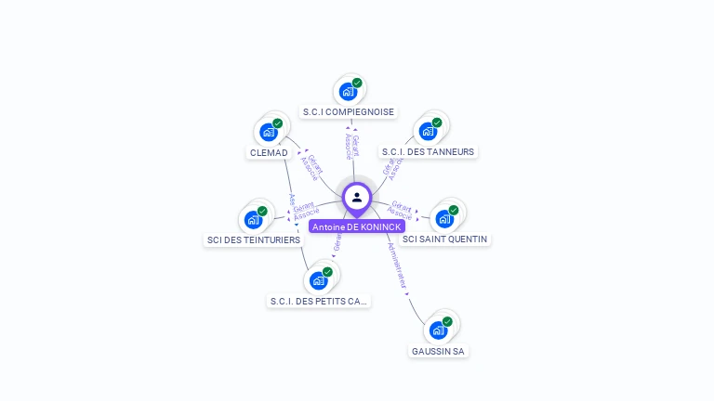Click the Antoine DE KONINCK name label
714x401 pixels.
click(357, 226)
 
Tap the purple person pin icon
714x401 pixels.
click(357, 198)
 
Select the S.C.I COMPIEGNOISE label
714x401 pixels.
click(349, 112)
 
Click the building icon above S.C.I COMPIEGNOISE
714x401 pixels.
click(348, 92)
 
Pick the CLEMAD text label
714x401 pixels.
click(269, 152)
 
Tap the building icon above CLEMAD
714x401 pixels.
click(269, 132)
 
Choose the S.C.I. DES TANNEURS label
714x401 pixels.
click(428, 151)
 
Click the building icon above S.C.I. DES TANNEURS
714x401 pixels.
click(428, 131)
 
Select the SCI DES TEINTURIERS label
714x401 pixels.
click(254, 239)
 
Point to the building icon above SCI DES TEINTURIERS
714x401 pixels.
click(253, 220)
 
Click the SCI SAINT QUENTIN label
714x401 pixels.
click(445, 239)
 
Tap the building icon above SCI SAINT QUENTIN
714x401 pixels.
click(444, 219)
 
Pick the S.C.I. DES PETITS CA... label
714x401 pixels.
click(319, 301)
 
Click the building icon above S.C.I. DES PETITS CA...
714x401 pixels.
click(319, 280)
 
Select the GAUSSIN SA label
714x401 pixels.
click(438, 352)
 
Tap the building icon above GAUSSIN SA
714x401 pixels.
click(438, 330)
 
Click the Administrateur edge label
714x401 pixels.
click(397, 266)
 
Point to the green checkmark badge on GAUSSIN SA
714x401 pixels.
click(447, 321)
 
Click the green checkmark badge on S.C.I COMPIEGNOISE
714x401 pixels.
click(357, 83)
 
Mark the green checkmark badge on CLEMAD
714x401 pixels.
click(278, 123)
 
